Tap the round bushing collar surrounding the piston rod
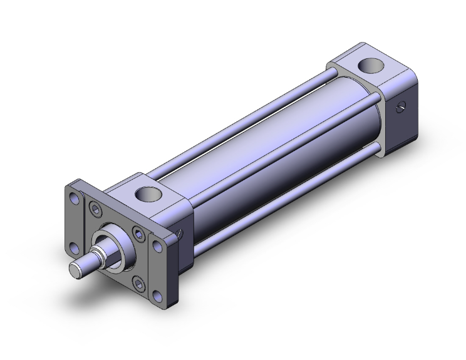[x=114, y=245]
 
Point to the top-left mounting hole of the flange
[x=75, y=199]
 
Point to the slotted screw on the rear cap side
[x=401, y=107]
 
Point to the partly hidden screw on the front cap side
[x=181, y=232]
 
